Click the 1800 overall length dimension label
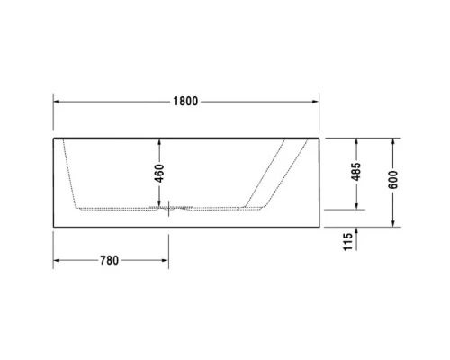(x=185, y=101)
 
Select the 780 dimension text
(x=109, y=261)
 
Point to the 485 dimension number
(x=356, y=171)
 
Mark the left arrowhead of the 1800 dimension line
(x=56, y=101)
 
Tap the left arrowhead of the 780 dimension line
(x=56, y=261)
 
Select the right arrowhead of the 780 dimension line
(x=164, y=261)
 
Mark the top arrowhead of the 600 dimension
(x=393, y=142)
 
